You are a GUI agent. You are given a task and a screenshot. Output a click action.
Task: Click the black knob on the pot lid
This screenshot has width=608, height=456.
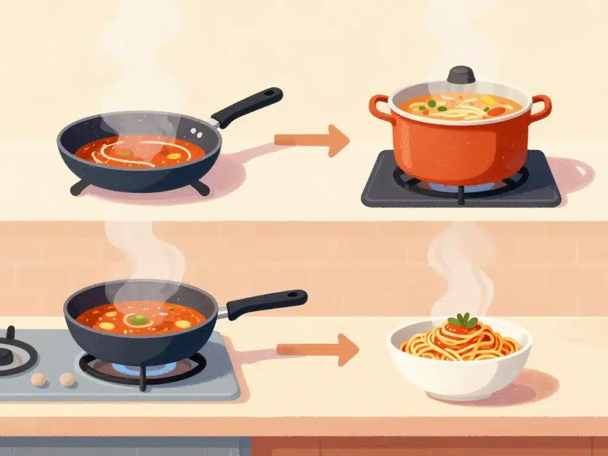pyautogui.click(x=461, y=75)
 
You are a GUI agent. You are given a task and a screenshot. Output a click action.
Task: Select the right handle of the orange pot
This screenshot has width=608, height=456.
pyautogui.click(x=541, y=107)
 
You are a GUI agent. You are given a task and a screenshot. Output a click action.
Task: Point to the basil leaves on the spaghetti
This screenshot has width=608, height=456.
pyautogui.click(x=463, y=321)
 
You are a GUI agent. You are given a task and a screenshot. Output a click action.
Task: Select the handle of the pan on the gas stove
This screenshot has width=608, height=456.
pyautogui.click(x=267, y=303)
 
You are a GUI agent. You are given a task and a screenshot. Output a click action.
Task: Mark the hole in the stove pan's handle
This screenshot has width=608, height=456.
pyautogui.click(x=294, y=294)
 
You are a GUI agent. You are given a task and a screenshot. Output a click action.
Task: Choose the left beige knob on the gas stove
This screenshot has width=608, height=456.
pyautogui.click(x=39, y=379)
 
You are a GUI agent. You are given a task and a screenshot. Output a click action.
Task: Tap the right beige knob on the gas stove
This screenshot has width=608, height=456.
pyautogui.click(x=67, y=379)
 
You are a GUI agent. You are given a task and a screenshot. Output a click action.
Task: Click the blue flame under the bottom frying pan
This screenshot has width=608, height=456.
pyautogui.click(x=142, y=368)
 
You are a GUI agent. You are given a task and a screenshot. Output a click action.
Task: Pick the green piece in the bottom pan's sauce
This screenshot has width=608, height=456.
pyautogui.click(x=138, y=319)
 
